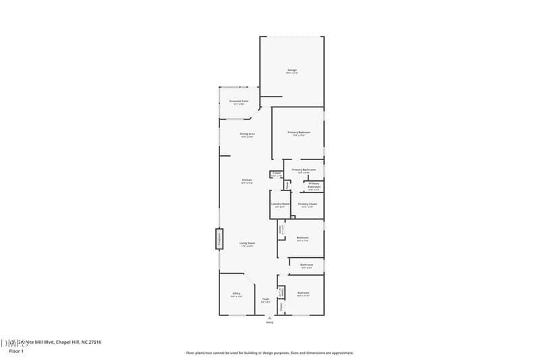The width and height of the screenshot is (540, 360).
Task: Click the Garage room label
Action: pyautogui.click(x=292, y=70)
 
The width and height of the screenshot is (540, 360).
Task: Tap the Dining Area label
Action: pyautogui.click(x=247, y=134)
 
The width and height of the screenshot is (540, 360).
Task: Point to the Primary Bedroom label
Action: pyautogui.click(x=298, y=132)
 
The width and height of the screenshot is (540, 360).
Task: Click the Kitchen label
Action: pyautogui.click(x=247, y=180)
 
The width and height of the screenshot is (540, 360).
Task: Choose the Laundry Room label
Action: pyautogui.click(x=280, y=204)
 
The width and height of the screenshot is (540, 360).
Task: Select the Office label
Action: pyautogui.click(x=236, y=294)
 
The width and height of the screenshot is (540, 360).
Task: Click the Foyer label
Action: pyautogui.click(x=266, y=299)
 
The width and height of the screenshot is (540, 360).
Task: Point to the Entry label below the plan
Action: pyautogui.click(x=269, y=323)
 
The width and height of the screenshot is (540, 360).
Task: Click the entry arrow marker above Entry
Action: pyautogui.click(x=269, y=317)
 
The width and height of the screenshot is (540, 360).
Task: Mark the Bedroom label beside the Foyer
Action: pyautogui.click(x=303, y=292)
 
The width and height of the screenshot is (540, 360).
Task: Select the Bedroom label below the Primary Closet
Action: pyautogui.click(x=302, y=238)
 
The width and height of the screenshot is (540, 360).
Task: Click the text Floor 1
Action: pyautogui.click(x=16, y=352)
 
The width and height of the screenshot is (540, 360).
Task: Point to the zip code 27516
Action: pyautogui.click(x=94, y=342)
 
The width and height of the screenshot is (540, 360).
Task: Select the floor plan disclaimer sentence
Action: pyautogui.click(x=270, y=353)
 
